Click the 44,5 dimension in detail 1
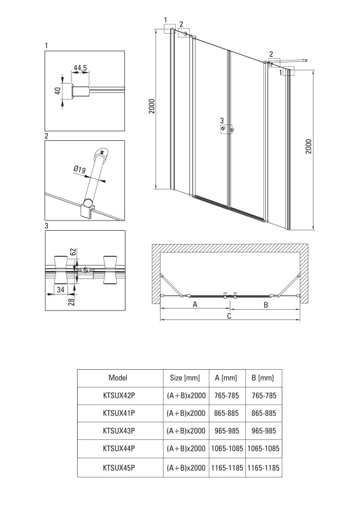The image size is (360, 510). [x=80, y=68]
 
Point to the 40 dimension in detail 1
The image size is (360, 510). [x=58, y=91]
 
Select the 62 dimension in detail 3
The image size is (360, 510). [x=73, y=252]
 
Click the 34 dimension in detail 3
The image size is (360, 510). [x=61, y=289]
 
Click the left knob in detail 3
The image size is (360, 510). [x=60, y=270]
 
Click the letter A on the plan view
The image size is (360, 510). [x=195, y=305]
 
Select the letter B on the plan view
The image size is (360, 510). [x=266, y=305]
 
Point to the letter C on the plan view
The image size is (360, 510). [x=229, y=316]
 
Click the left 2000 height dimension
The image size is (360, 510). [x=152, y=106]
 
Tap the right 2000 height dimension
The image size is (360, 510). [x=308, y=147]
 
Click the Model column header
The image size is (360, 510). [x=118, y=377]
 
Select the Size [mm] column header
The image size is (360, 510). [x=185, y=377]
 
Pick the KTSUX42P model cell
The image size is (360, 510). [x=119, y=395]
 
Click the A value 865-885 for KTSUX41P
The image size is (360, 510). [x=226, y=413]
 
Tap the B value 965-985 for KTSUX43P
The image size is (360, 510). [x=264, y=431]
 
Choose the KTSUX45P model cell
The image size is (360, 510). [x=119, y=468]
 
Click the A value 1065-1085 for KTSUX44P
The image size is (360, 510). [x=227, y=449]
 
